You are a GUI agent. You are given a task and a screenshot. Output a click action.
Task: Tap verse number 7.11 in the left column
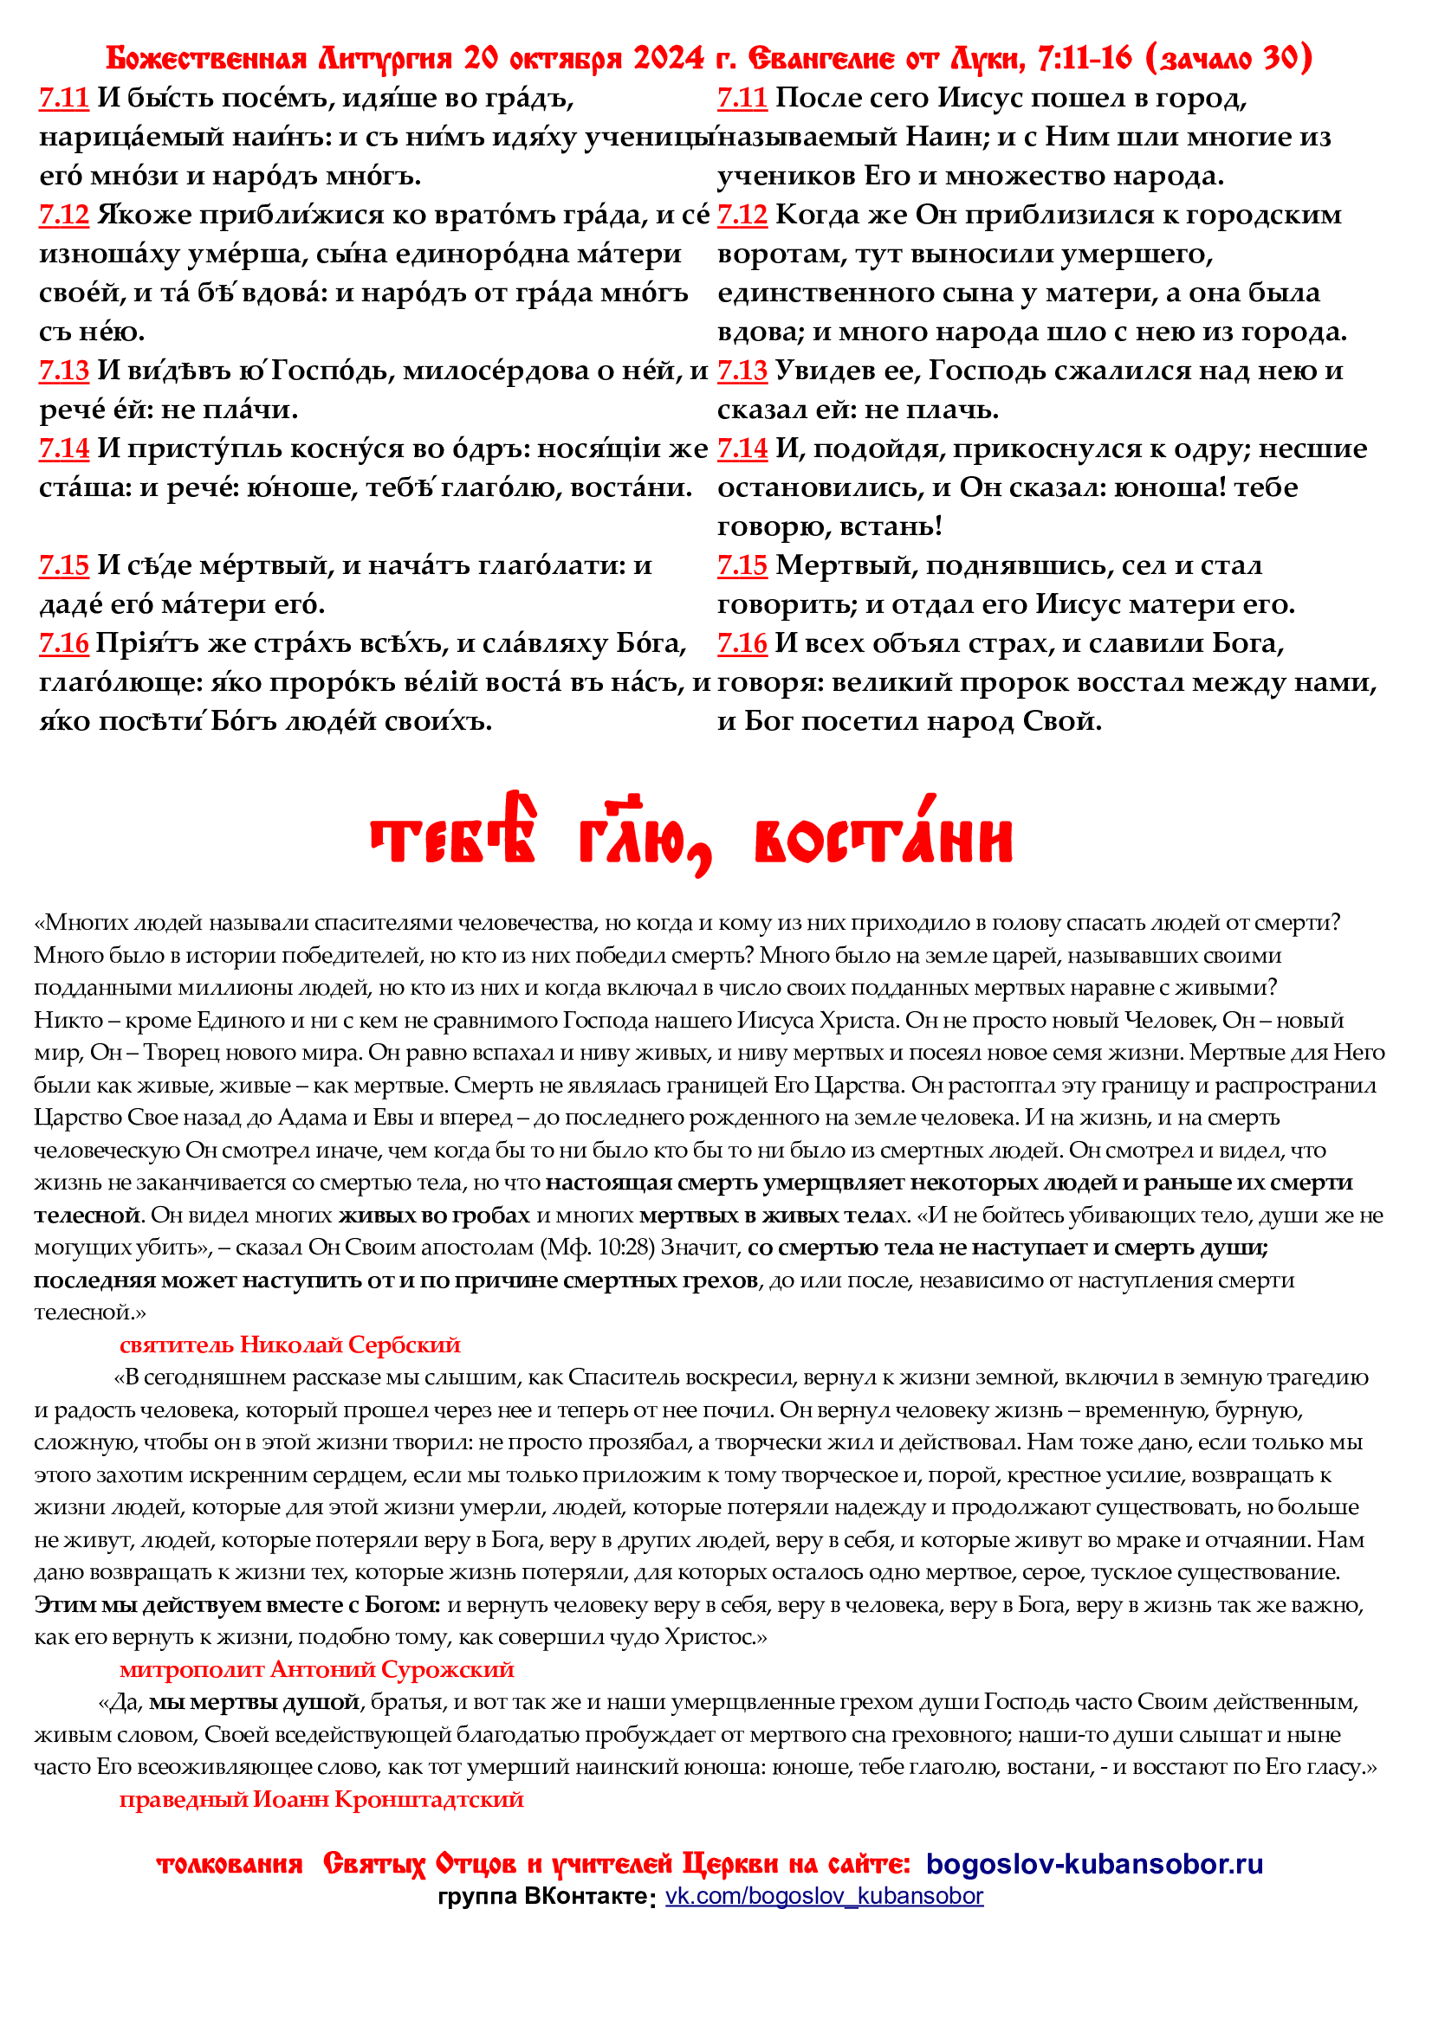tap(63, 98)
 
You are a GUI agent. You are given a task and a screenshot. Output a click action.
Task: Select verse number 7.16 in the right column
tap(742, 644)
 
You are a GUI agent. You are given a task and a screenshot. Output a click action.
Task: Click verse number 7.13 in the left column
tap(63, 371)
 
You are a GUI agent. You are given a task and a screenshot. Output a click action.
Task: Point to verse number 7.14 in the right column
tap(742, 449)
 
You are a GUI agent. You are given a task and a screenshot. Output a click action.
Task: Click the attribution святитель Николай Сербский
tap(290, 1345)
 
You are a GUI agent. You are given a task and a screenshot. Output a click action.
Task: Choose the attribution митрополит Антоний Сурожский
tap(317, 1669)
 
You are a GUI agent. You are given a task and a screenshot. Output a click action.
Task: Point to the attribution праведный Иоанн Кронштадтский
tap(322, 1800)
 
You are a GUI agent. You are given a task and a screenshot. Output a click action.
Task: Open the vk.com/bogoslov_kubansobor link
tap(824, 1896)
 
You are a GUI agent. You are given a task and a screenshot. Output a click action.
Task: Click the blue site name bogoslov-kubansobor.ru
tap(1094, 1865)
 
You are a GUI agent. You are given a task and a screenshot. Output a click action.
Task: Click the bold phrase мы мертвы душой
tap(254, 1702)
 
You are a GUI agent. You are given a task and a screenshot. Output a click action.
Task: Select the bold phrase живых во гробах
tap(434, 1216)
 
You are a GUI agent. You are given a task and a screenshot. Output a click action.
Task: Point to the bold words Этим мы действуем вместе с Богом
tap(237, 1605)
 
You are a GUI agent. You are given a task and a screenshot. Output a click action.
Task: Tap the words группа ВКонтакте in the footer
tap(543, 1897)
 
